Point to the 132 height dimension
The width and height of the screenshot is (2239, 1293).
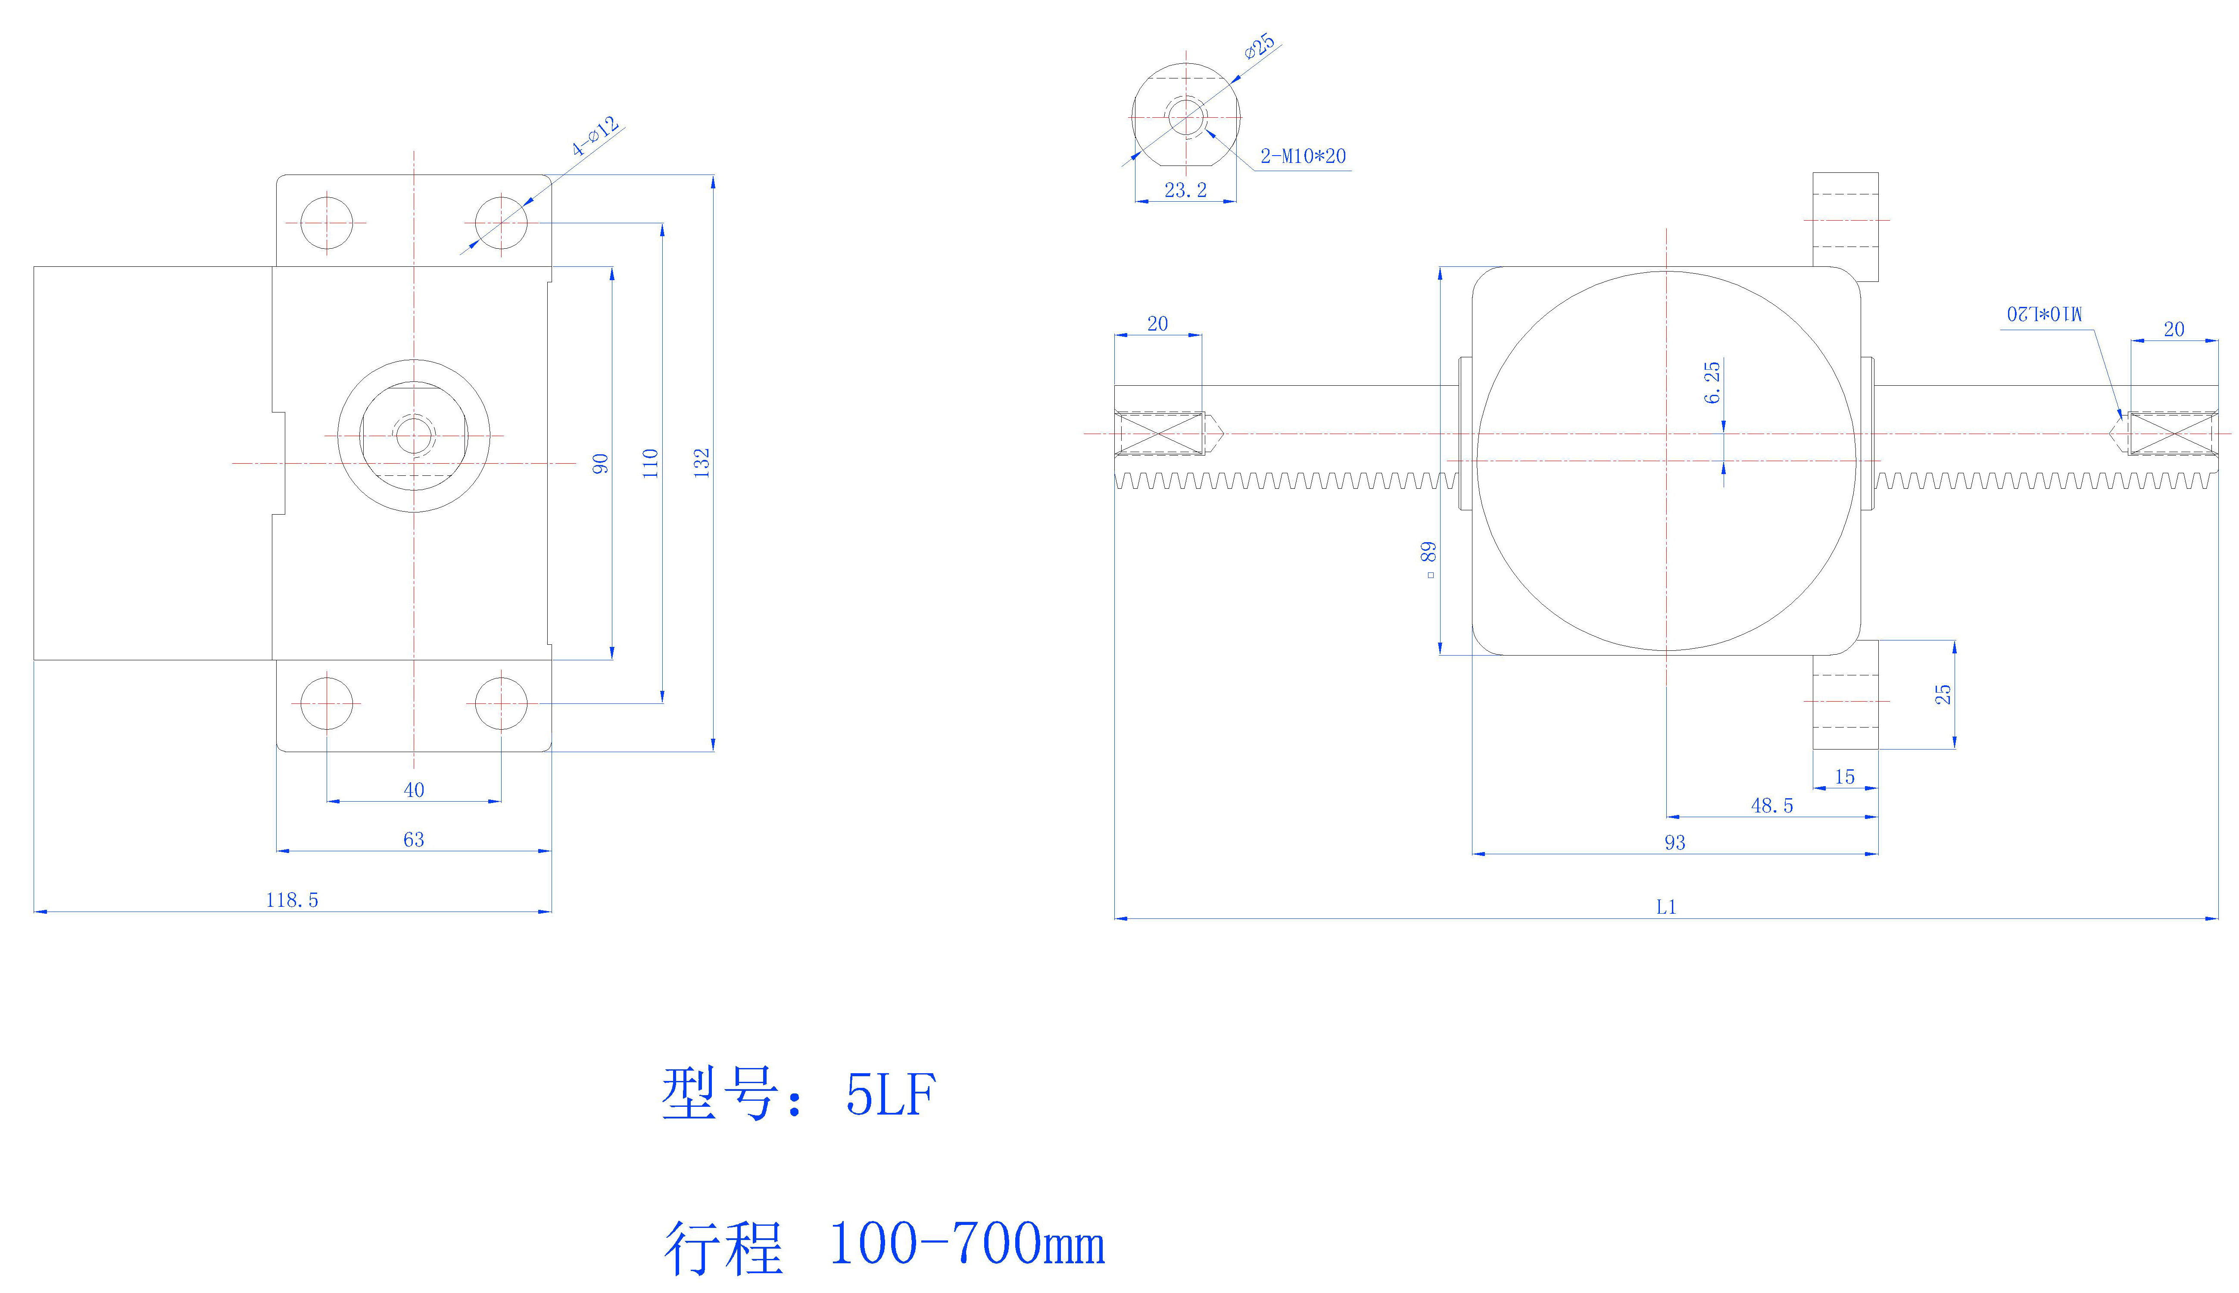pos(702,462)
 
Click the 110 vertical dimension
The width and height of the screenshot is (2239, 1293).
pos(651,462)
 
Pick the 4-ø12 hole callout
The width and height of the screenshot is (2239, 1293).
pos(595,137)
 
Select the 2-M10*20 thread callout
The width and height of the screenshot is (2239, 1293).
pos(1302,156)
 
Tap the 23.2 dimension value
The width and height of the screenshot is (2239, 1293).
pos(1185,190)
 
